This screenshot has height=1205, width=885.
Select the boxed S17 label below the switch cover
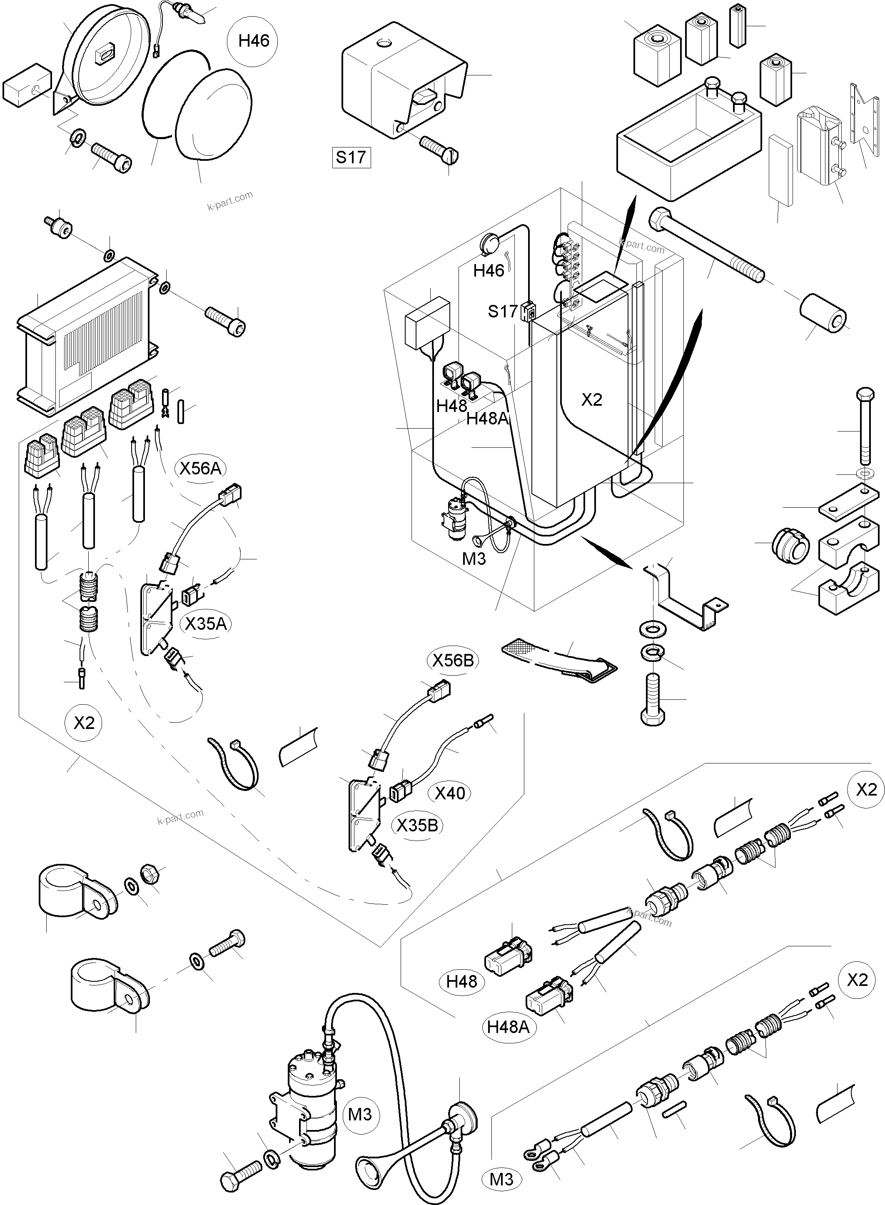(x=351, y=157)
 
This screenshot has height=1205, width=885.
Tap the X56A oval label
(x=200, y=469)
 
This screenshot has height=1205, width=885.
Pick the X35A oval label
(x=206, y=624)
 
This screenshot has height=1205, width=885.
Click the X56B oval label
(x=453, y=660)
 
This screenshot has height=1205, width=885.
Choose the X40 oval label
(x=449, y=793)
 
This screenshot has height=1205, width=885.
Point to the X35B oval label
(x=417, y=826)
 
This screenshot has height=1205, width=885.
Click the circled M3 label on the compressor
(x=359, y=1115)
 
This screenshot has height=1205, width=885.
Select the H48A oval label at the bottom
(x=508, y=1027)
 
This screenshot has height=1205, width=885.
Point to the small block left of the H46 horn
(x=27, y=84)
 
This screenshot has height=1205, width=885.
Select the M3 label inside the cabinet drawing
(x=474, y=559)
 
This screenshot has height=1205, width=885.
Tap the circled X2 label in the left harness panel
(x=84, y=723)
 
